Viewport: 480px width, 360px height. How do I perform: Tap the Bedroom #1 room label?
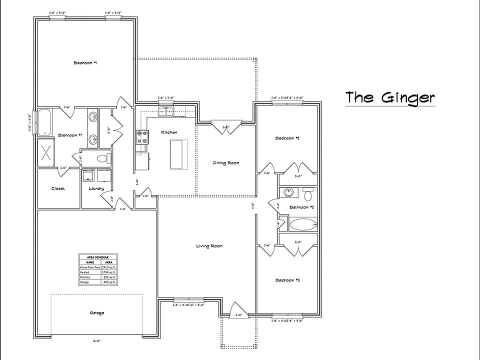click(85, 63)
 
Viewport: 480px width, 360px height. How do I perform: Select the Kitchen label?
click(168, 132)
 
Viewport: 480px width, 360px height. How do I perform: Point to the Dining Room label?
click(226, 162)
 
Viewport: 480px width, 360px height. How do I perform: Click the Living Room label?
click(209, 246)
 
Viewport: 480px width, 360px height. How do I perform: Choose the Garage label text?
click(96, 313)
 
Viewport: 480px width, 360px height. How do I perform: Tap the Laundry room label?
click(96, 188)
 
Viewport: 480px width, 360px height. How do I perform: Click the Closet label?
click(58, 188)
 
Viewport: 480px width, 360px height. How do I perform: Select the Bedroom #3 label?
click(287, 280)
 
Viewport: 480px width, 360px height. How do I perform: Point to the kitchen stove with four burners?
click(141, 136)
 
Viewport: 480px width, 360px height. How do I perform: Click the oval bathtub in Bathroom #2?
click(301, 224)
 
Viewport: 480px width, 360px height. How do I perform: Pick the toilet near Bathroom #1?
click(103, 159)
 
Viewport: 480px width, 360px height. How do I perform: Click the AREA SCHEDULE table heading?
click(97, 256)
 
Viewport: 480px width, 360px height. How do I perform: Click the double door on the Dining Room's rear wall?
click(224, 127)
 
